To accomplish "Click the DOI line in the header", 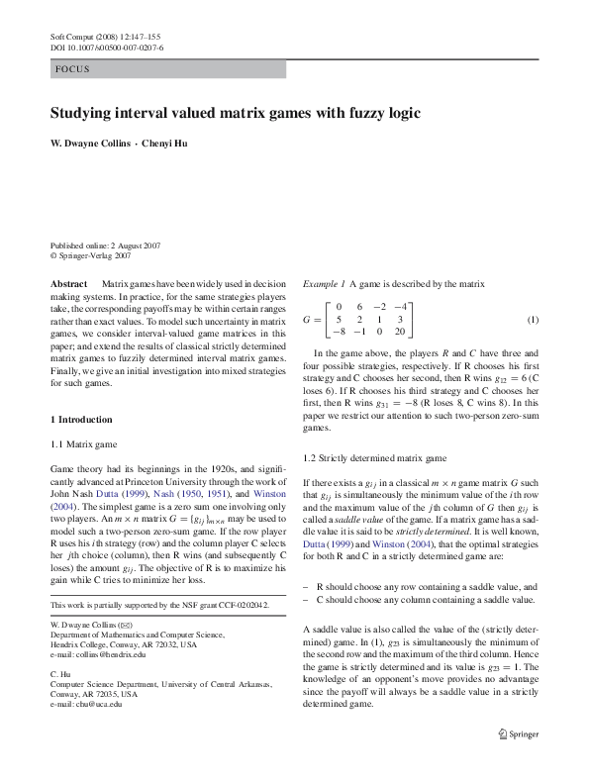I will [x=107, y=48].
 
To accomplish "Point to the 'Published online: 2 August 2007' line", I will [x=106, y=245].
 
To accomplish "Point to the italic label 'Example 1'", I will [x=325, y=283].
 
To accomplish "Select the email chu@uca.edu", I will [x=94, y=704].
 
